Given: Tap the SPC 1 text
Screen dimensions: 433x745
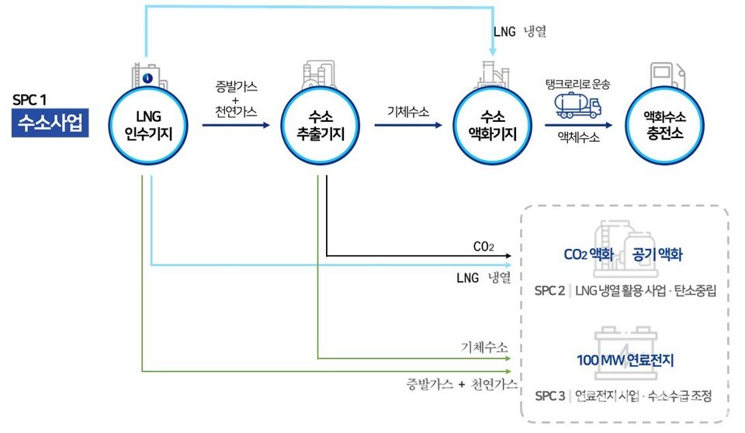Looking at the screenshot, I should click(31, 101).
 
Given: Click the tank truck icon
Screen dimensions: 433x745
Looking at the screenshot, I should click(577, 106).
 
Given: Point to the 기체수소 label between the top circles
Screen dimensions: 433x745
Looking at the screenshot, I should click(409, 112).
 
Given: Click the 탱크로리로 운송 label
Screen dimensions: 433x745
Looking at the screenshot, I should click(578, 84).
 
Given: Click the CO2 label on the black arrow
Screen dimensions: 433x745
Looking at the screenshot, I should click(483, 247).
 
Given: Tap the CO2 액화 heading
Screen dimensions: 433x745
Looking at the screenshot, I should click(589, 255).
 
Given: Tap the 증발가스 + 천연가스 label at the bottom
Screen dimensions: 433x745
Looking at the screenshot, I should click(462, 386).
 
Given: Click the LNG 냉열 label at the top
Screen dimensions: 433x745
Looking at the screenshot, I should click(520, 32).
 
